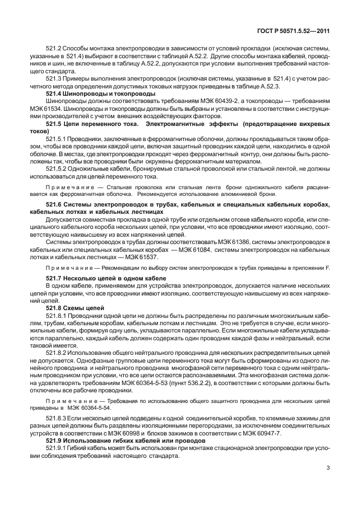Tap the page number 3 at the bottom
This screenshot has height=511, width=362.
[326, 484]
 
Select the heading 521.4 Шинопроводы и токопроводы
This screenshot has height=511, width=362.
[91, 94]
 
